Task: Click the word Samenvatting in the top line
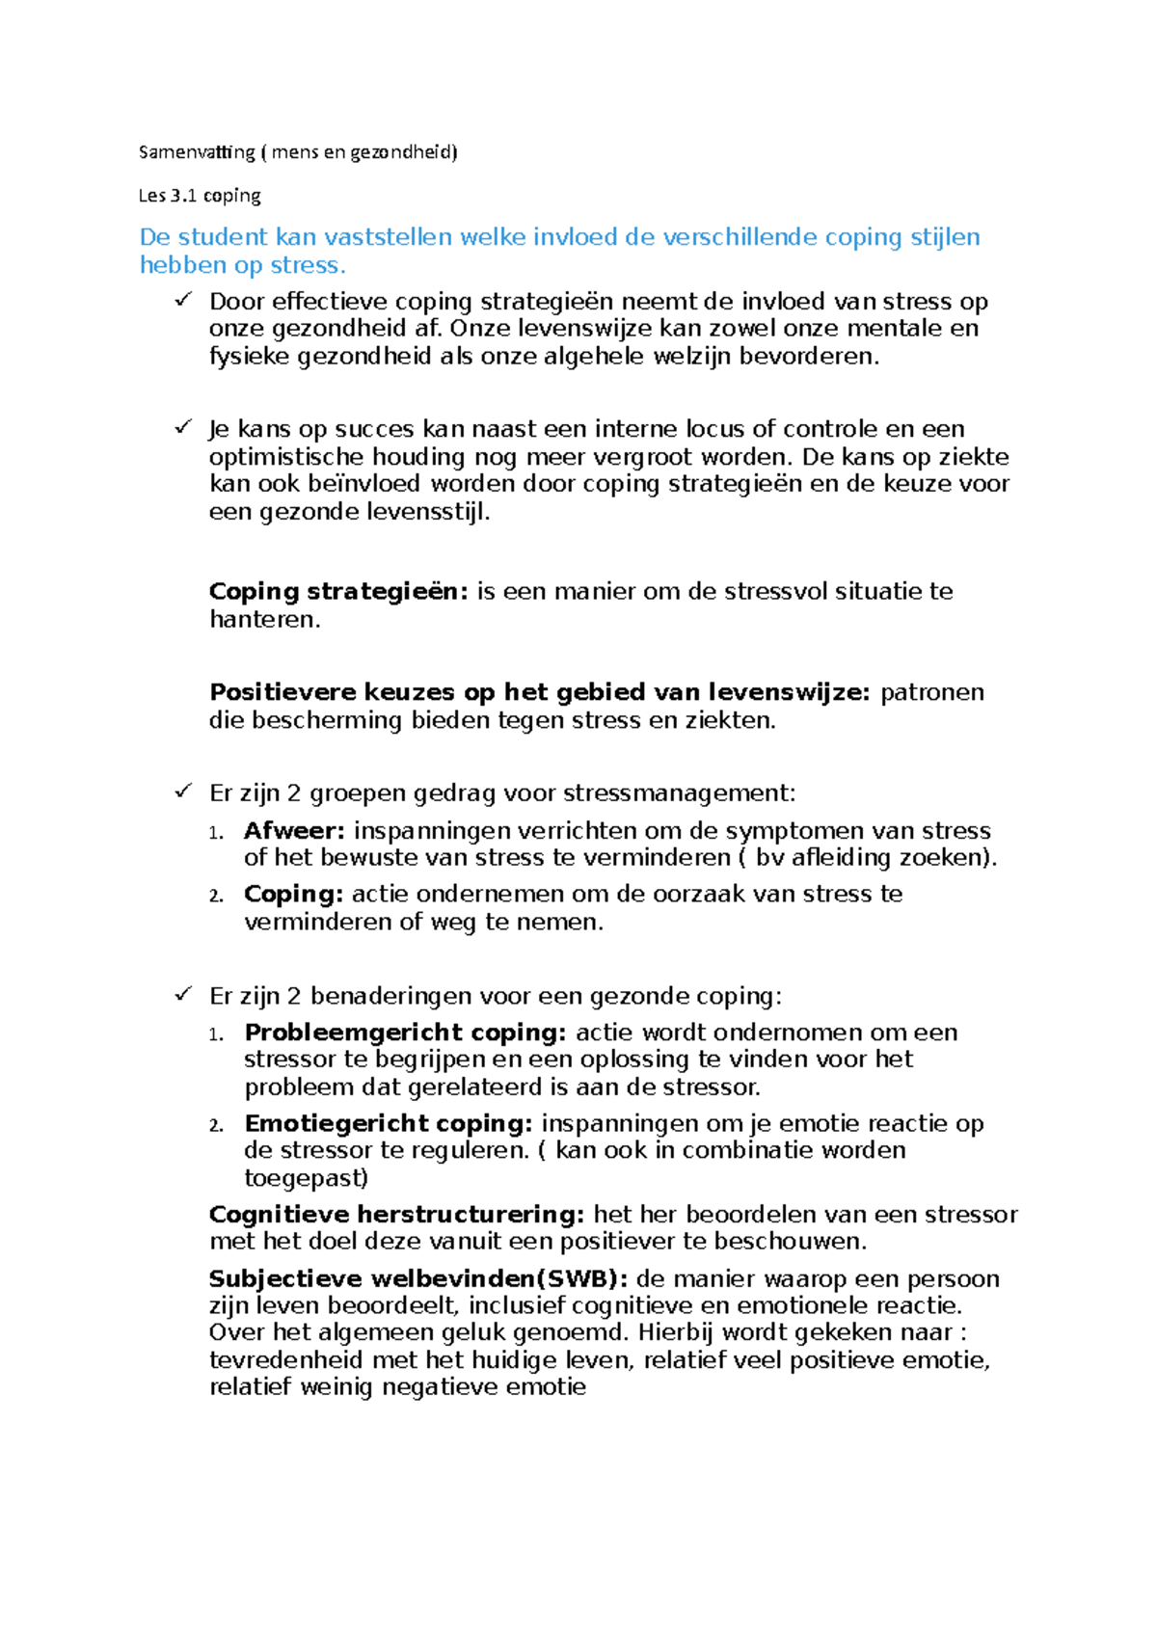(197, 152)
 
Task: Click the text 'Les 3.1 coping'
(200, 196)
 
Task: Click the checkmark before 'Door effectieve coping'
(183, 301)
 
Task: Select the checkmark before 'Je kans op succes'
(183, 427)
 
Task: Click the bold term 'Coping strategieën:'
(338, 592)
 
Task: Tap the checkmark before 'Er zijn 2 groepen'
(183, 792)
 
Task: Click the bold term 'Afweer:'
(294, 831)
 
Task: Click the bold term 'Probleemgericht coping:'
(406, 1033)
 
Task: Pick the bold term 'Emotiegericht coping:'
(389, 1124)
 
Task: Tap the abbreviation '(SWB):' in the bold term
(582, 1279)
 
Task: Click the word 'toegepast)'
(306, 1178)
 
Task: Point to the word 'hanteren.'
(265, 620)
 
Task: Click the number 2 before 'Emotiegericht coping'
(217, 1125)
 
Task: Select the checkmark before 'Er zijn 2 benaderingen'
(183, 995)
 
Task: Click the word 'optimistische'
(286, 457)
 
